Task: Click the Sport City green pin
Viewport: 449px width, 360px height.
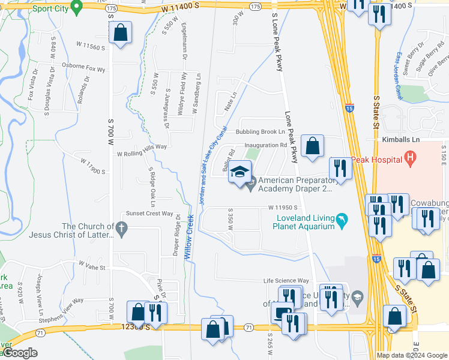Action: tap(76, 7)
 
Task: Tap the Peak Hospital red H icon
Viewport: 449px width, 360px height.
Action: tap(411, 159)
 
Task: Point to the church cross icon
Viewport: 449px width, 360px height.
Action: tap(122, 228)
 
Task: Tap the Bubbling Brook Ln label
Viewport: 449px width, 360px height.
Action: tap(259, 131)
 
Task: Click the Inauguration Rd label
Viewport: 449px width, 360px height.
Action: tap(265, 145)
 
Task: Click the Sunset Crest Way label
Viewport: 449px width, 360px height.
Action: tap(149, 213)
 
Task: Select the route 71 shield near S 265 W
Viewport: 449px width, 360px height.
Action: tap(248, 328)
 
